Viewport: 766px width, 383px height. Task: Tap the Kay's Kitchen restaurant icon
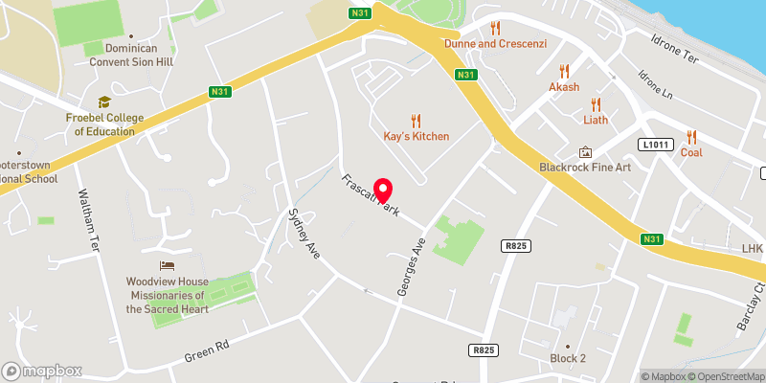tap(416, 120)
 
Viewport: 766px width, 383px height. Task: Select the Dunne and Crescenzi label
tap(494, 44)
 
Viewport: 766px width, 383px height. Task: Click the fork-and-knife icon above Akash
tap(564, 70)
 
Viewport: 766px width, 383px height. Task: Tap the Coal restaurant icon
tap(691, 136)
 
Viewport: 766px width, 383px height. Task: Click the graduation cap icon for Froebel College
tap(103, 101)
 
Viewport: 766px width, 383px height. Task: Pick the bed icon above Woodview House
tap(168, 265)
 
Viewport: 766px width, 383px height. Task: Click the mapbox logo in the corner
tap(41, 371)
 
